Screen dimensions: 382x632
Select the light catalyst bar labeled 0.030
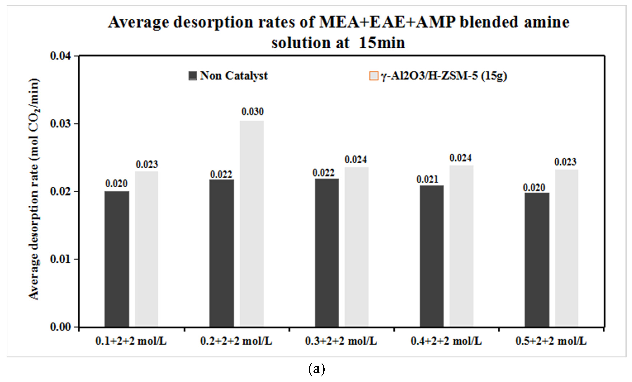point(252,223)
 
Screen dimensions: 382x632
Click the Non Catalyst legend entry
point(228,76)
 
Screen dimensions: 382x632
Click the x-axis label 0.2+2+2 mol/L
point(236,341)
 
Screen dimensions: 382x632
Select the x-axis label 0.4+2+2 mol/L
point(446,341)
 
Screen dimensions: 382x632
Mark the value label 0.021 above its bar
point(427,179)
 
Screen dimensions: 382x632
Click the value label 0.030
point(252,112)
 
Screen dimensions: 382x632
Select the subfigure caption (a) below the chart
point(317,369)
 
